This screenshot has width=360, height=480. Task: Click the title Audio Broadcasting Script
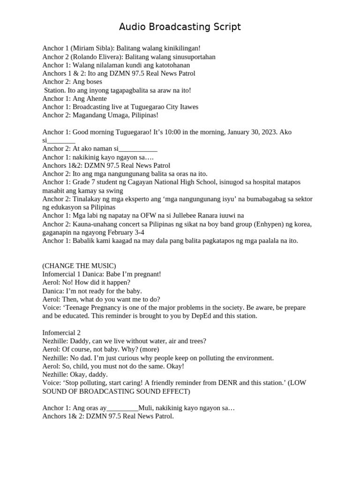coord(180,27)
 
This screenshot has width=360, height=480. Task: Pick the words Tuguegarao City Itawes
coord(163,107)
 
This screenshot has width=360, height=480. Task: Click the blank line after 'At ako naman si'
coord(139,149)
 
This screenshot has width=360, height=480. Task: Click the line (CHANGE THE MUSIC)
coord(79,266)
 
